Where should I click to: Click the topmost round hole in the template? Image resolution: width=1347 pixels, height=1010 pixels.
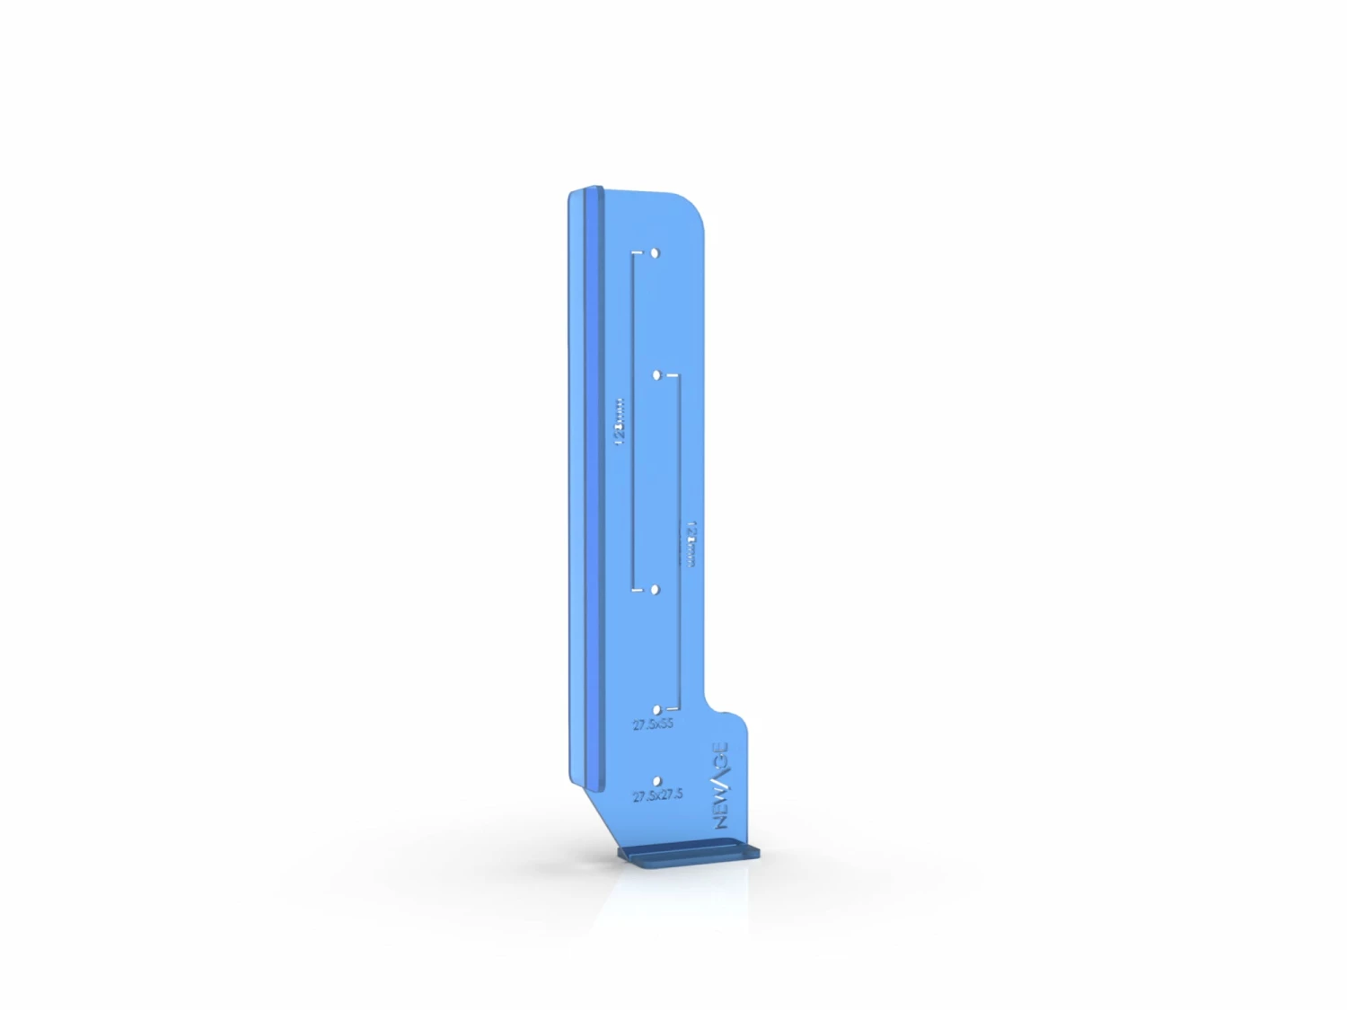[655, 253]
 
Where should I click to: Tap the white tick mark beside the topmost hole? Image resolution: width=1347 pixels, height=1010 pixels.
[638, 253]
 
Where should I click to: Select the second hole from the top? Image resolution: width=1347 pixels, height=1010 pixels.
[657, 374]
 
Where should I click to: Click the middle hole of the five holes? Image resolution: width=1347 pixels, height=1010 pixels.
[655, 590]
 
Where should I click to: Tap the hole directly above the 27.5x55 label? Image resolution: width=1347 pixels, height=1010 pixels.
[656, 710]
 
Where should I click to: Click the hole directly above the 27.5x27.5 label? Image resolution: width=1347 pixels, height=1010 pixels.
[657, 782]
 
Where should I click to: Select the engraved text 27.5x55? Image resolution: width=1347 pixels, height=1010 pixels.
[653, 725]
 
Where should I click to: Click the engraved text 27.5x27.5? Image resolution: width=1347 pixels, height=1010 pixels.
[657, 795]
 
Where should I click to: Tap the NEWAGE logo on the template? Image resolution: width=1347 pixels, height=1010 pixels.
[721, 786]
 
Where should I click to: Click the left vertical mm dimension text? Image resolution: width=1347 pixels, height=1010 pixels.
[619, 423]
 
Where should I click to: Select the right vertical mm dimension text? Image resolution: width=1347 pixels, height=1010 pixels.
[691, 544]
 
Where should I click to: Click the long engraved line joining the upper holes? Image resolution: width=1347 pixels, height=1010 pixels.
[634, 422]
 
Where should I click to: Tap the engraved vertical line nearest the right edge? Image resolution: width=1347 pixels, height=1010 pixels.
[680, 539]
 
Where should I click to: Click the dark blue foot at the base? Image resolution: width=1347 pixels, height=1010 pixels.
[689, 856]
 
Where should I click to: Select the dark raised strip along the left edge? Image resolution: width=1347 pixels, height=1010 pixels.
[593, 485]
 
